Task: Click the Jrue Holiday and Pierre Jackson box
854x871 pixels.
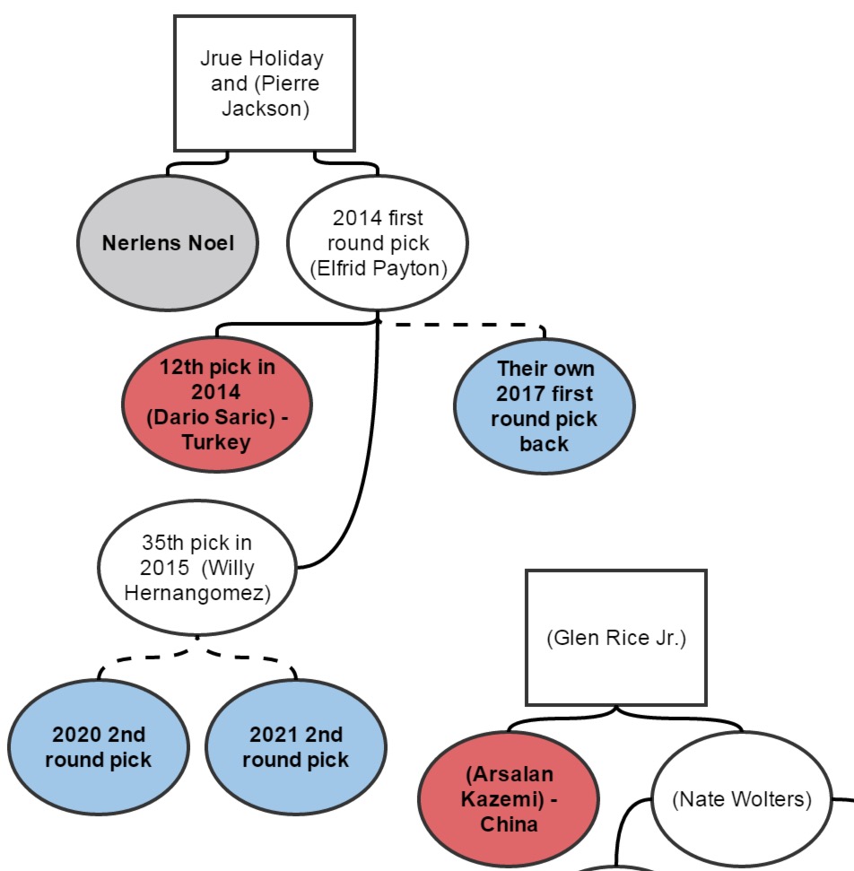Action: tap(264, 83)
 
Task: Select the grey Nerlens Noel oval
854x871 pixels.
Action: tap(168, 243)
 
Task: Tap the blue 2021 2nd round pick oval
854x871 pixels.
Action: tap(295, 747)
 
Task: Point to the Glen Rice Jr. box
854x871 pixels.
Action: tap(615, 638)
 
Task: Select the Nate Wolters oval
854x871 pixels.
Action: tap(741, 799)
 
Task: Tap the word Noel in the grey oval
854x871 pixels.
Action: tap(213, 243)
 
